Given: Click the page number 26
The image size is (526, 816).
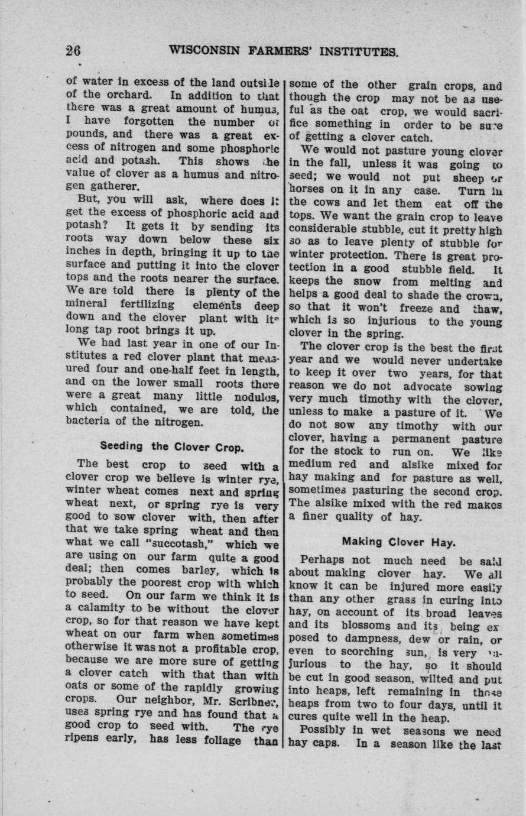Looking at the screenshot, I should pos(73,51).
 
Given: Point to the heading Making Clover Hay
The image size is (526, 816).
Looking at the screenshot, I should pos(397,540).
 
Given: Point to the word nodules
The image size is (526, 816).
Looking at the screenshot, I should pos(259,396).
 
